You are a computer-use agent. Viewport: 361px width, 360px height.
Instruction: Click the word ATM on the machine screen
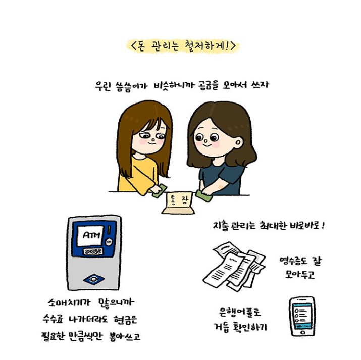tap(91, 235)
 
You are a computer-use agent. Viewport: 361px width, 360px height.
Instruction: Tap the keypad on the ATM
tap(93, 251)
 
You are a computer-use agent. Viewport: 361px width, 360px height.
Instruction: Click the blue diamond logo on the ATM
tap(94, 279)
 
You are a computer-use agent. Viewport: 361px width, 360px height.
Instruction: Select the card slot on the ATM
tap(109, 242)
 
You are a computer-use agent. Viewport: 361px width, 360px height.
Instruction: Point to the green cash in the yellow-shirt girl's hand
tap(160, 191)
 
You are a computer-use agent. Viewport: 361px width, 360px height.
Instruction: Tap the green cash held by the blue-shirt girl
tap(203, 196)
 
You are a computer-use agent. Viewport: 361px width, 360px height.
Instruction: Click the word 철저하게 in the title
tap(205, 45)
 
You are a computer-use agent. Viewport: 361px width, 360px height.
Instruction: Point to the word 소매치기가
tap(69, 302)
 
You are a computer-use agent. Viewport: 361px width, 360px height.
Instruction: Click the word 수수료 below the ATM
tap(53, 319)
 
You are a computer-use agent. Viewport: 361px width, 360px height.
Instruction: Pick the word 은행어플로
tap(240, 312)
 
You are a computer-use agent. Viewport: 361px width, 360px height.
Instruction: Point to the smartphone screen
tap(302, 316)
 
